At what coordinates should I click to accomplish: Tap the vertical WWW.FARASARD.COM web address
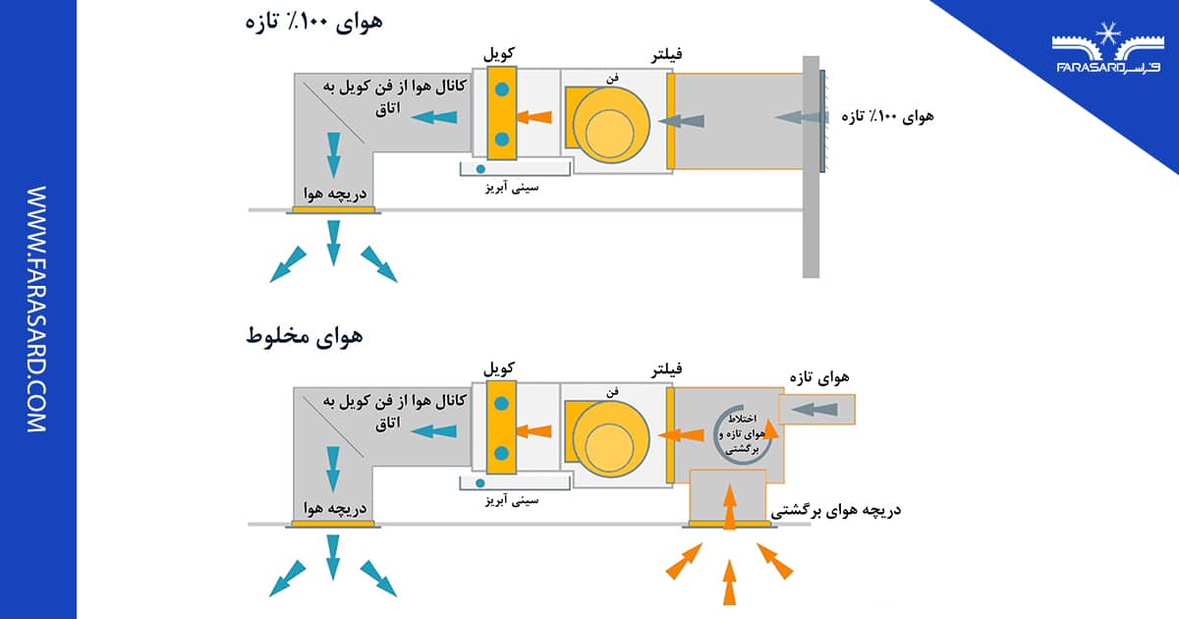click(35, 309)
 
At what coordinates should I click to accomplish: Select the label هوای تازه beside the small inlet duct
click(825, 376)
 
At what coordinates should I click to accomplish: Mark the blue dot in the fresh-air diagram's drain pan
click(480, 169)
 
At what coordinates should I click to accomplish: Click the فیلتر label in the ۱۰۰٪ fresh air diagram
click(668, 56)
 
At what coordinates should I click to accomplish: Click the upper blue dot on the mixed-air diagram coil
click(501, 403)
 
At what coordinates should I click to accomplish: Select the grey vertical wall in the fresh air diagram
click(811, 167)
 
